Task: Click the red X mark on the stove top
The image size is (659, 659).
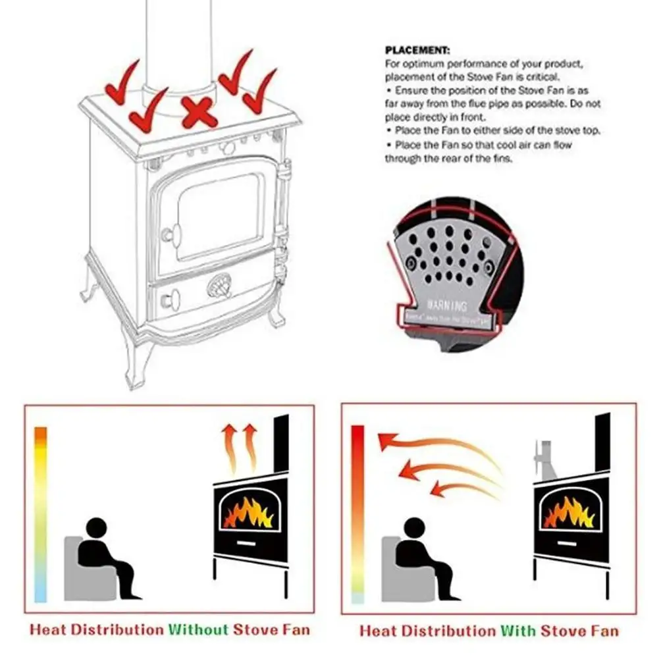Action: [x=199, y=112]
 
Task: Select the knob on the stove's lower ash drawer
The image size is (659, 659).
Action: [x=171, y=300]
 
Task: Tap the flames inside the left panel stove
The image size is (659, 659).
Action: [x=248, y=512]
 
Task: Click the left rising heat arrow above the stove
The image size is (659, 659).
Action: [x=230, y=448]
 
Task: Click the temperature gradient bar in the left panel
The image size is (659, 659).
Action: [x=41, y=514]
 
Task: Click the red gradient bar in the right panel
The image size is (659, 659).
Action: [x=358, y=514]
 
